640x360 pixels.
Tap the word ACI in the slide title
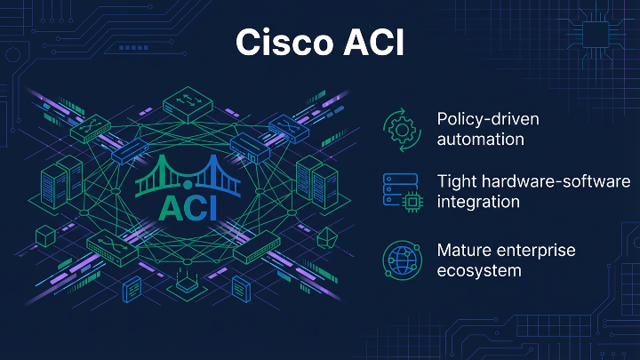[369, 42]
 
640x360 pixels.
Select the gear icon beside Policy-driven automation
[400, 129]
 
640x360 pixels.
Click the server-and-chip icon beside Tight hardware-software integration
[400, 192]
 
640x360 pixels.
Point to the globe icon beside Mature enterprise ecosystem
[400, 259]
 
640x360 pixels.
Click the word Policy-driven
[488, 119]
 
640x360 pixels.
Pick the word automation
[480, 140]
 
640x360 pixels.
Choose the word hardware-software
[557, 181]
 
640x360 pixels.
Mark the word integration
[478, 202]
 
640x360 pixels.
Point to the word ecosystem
[479, 270]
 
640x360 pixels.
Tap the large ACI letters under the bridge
[188, 207]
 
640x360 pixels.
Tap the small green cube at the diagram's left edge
[40, 234]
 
